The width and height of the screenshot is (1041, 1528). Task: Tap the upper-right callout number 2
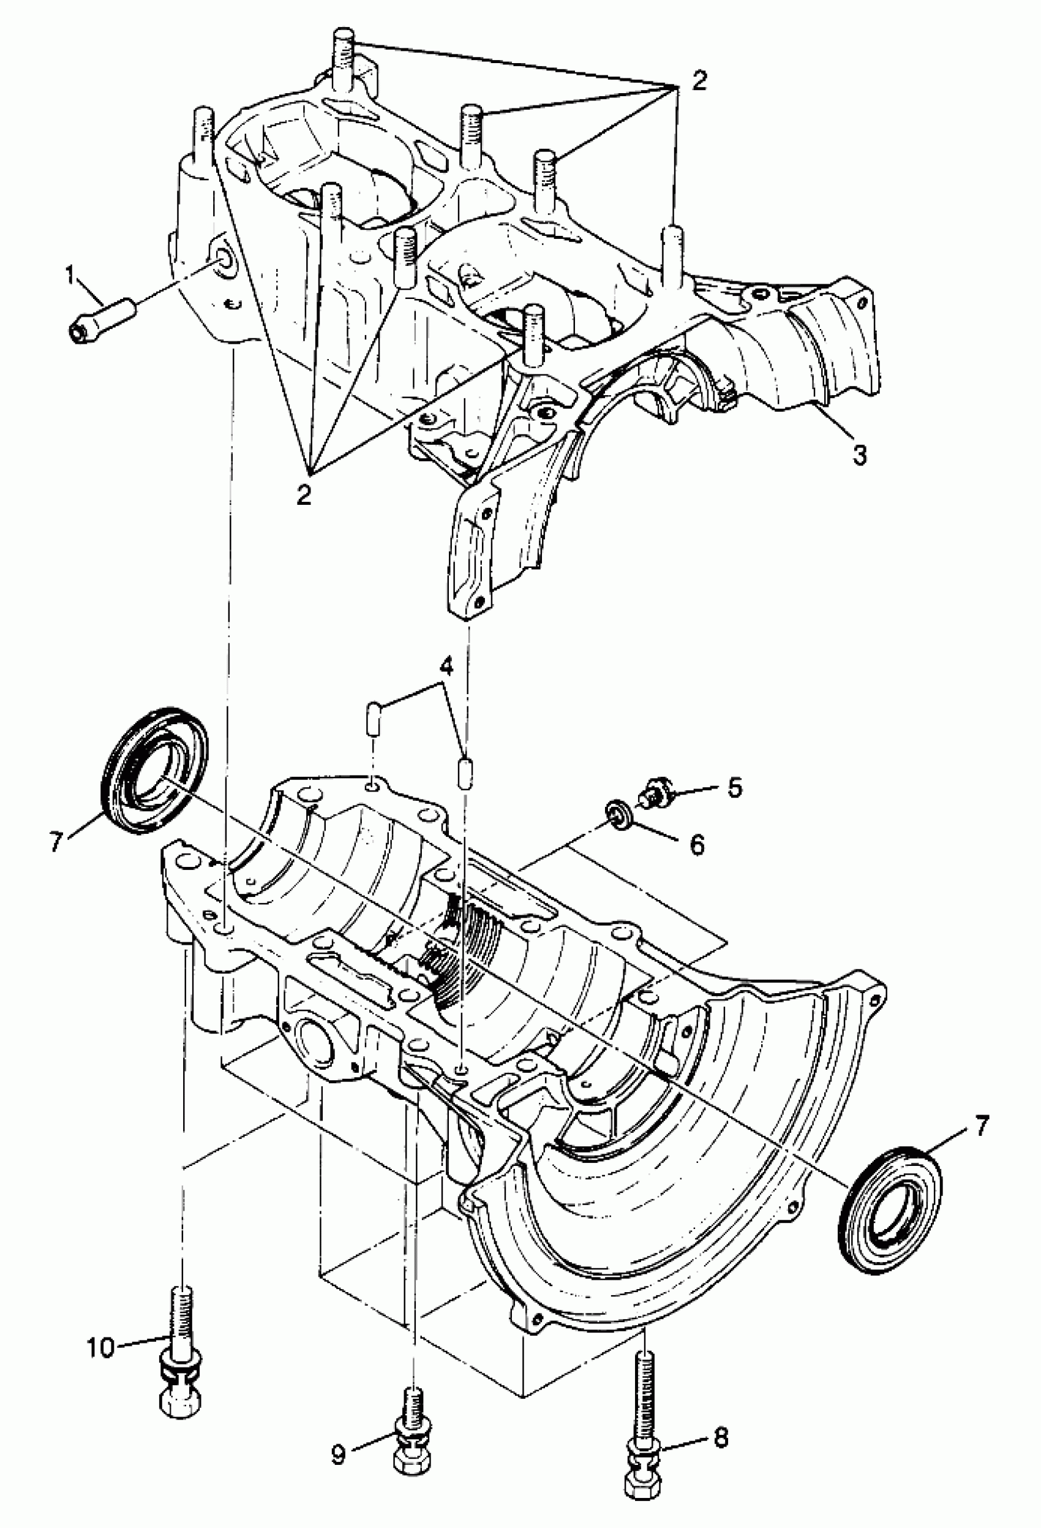pos(699,80)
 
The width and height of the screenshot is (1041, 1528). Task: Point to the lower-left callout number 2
pos(304,494)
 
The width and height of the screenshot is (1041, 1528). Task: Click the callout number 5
pos(734,787)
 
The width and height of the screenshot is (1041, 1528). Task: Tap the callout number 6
pos(697,844)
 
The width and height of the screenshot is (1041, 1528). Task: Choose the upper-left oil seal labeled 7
pos(154,770)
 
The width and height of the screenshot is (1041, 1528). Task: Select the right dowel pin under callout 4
pos(465,772)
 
